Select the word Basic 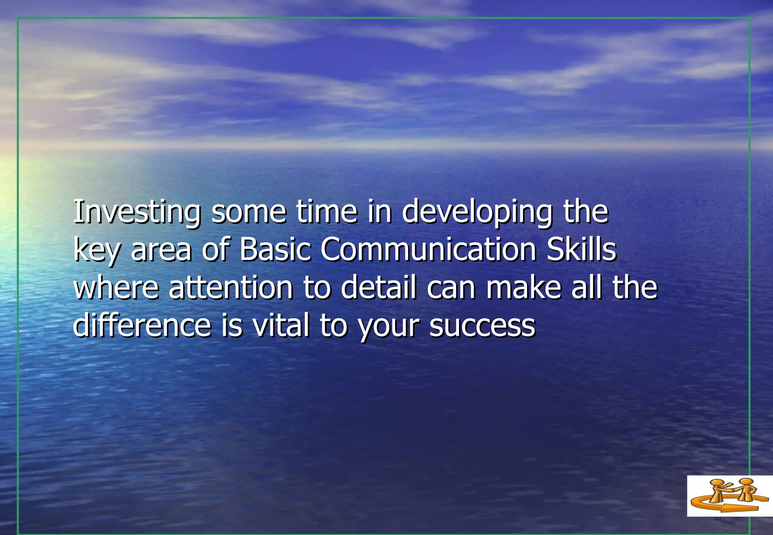(x=276, y=249)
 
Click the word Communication (x=428, y=249)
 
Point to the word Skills (x=581, y=249)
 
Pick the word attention (x=231, y=287)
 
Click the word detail (x=379, y=287)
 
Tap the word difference (x=142, y=325)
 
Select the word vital (x=281, y=325)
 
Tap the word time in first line (x=326, y=212)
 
